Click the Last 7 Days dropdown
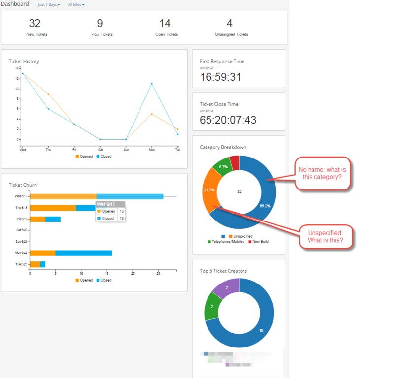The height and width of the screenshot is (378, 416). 48,5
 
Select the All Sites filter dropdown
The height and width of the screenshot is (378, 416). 76,5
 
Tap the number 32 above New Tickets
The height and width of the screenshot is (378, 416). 35,23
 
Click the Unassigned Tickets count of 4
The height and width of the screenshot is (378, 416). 229,23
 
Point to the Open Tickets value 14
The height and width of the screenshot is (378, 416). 165,23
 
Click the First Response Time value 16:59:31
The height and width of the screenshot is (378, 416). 220,77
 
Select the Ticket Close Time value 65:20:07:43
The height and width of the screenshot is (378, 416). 228,120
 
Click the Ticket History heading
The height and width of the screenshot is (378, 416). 24,62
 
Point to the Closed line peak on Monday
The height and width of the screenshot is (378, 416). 151,84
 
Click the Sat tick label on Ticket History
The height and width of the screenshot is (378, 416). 100,149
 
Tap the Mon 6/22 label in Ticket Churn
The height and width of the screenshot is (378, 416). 21,253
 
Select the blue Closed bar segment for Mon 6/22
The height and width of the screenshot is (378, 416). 84,253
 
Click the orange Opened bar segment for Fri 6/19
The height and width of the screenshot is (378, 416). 37,219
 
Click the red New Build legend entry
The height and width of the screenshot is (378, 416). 258,242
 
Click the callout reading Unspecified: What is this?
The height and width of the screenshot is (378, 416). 325,236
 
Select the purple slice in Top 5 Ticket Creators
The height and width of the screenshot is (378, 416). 225,288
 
